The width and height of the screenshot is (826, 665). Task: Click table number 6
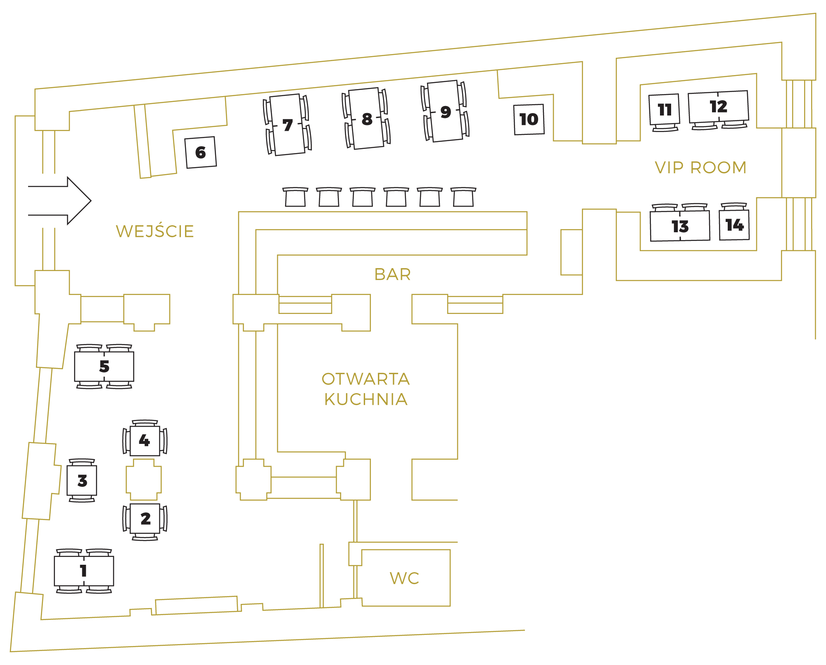201,152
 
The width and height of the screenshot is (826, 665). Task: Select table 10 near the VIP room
529,119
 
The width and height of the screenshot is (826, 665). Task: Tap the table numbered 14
734,225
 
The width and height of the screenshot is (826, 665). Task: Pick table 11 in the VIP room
665,109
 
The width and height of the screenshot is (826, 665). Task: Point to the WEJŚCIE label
155,231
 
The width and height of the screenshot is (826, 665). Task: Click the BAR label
392,274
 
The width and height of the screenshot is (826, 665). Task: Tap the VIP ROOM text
701,167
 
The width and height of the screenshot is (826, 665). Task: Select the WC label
404,578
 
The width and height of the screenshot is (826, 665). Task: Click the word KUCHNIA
366,399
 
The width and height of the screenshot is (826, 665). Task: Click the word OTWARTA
366,379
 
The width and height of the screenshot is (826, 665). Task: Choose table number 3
82,481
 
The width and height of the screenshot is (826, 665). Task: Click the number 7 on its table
287,125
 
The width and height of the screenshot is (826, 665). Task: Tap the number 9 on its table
446,111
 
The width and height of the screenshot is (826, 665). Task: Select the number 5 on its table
104,366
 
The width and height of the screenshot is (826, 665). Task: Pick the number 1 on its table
83,571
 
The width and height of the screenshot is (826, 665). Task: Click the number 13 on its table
680,226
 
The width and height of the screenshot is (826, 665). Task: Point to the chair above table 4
145,423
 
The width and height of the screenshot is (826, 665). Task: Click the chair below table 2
145,537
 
